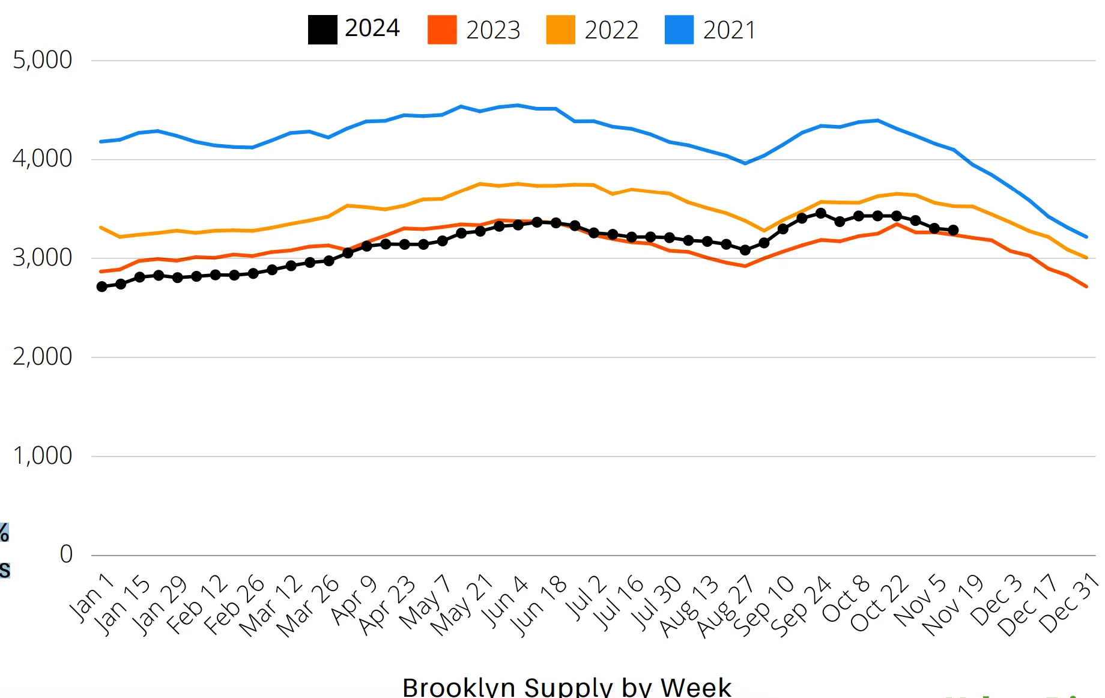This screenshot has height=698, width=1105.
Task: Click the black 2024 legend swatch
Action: [322, 30]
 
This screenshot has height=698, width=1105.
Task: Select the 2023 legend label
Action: [493, 30]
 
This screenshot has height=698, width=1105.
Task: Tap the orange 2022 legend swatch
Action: [560, 30]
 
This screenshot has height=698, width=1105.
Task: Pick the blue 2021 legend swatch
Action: [679, 30]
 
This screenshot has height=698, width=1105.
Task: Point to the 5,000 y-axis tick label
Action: [42, 60]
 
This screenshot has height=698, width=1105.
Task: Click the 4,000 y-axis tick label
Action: [42, 159]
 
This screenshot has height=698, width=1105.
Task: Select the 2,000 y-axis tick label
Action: [42, 357]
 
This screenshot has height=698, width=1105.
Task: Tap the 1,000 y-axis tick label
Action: [42, 456]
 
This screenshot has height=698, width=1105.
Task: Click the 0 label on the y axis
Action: [66, 554]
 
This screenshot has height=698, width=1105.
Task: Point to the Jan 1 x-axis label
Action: [92, 597]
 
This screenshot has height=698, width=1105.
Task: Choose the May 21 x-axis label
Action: [462, 605]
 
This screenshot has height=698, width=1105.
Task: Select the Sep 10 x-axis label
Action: [764, 605]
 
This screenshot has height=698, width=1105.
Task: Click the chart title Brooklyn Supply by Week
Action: [566, 687]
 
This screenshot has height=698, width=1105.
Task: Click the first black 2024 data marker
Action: [102, 287]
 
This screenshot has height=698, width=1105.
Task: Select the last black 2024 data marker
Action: [953, 230]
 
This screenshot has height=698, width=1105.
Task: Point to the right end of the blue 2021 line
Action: [1086, 237]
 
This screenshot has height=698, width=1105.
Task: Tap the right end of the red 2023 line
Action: [1086, 287]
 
